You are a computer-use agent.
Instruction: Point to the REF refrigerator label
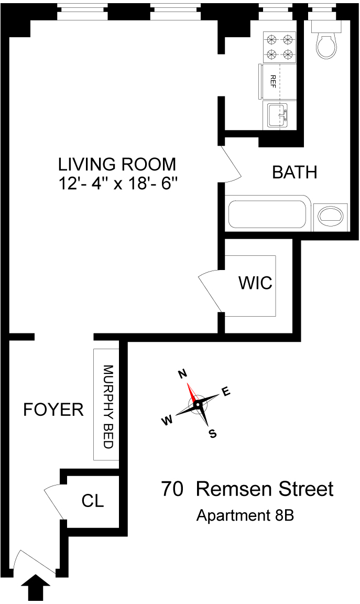pyautogui.click(x=272, y=81)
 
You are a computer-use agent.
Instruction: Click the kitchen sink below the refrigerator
pyautogui.click(x=277, y=115)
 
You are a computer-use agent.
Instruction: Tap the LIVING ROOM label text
pyautogui.click(x=117, y=164)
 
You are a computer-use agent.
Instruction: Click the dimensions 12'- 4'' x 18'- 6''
pyautogui.click(x=117, y=184)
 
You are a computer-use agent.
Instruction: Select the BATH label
pyautogui.click(x=294, y=172)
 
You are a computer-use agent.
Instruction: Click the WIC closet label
pyautogui.click(x=255, y=283)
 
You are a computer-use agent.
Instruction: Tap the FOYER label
pyautogui.click(x=53, y=410)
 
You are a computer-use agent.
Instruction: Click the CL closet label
pyautogui.click(x=93, y=501)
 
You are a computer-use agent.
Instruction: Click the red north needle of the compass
pyautogui.click(x=192, y=393)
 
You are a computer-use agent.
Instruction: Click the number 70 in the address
pyautogui.click(x=172, y=489)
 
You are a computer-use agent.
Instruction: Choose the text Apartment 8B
pyautogui.click(x=245, y=516)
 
